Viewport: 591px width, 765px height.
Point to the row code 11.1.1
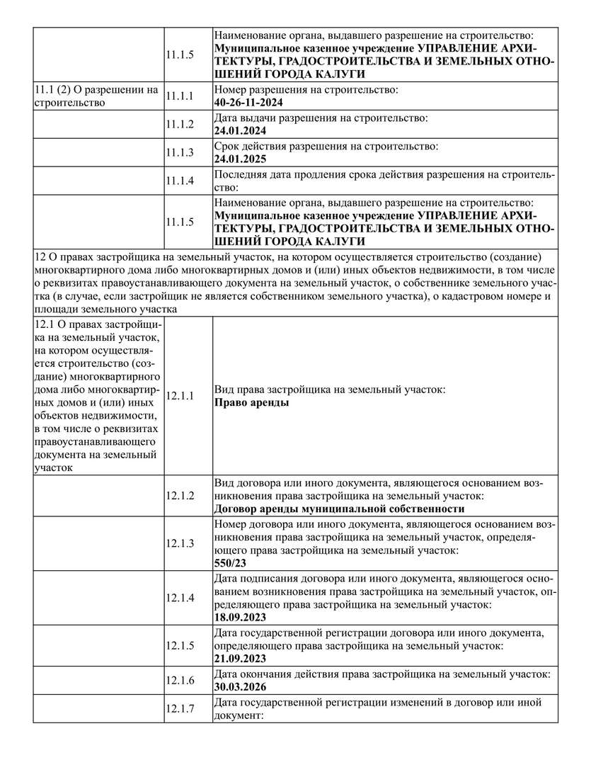180,96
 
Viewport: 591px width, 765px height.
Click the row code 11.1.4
180,181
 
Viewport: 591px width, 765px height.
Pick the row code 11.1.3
180,152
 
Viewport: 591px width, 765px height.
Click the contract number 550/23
230,563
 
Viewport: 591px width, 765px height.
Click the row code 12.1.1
180,396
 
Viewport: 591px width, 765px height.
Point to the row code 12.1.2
180,495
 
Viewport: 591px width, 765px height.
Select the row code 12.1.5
180,645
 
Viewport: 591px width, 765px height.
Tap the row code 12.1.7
180,709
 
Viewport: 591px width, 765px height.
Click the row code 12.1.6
180,680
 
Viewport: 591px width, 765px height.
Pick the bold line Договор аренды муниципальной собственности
338,509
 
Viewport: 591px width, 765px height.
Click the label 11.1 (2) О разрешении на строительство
96,96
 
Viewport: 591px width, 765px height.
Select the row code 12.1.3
180,543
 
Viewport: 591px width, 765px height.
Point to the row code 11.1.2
180,124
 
